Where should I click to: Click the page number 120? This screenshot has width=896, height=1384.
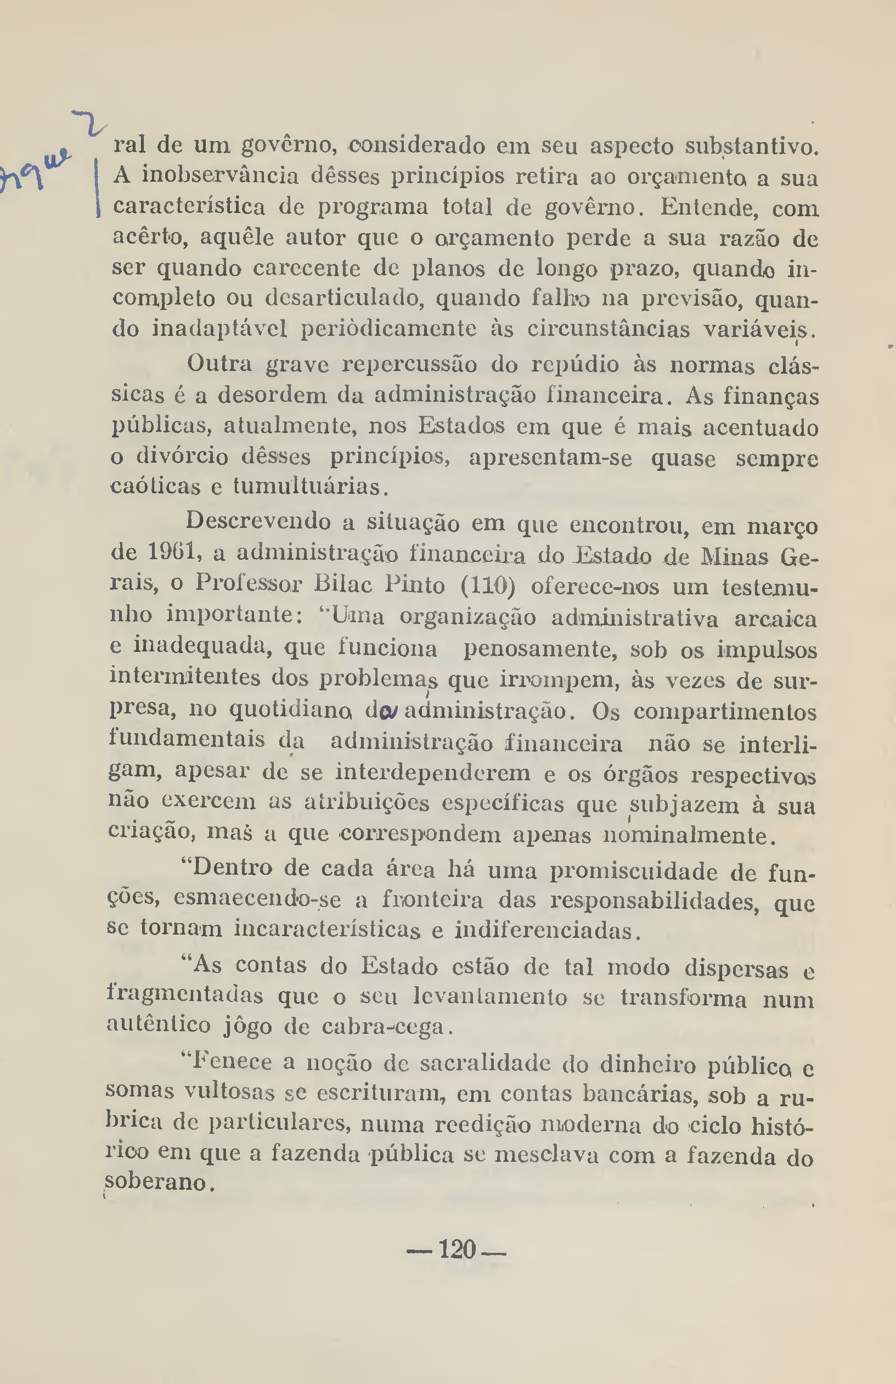457,1249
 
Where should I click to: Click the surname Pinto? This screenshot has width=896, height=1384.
415,584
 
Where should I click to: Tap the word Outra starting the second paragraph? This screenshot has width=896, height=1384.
219,364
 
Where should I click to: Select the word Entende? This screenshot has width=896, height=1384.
709,207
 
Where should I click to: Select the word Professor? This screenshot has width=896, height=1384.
248,583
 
